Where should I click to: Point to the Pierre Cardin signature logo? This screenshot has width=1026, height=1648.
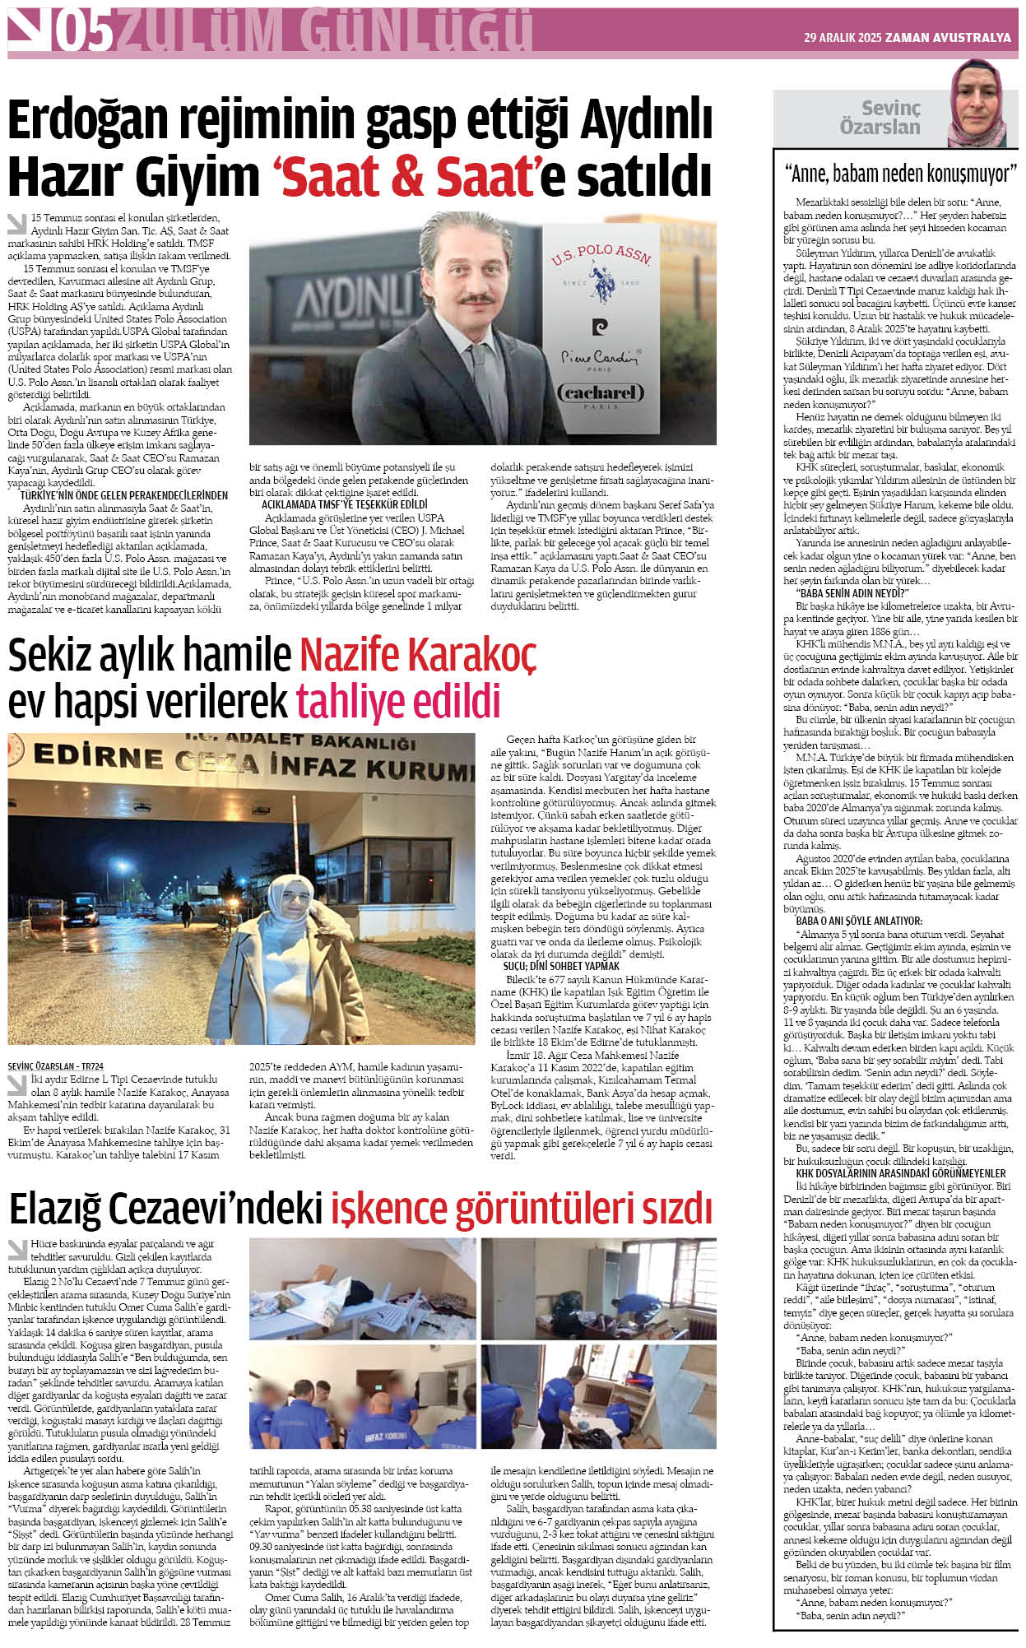click(x=600, y=356)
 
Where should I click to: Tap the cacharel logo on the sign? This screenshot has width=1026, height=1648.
click(x=601, y=393)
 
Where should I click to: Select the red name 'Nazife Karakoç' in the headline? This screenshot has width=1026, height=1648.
click(x=417, y=655)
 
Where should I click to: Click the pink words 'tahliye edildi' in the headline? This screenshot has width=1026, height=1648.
click(x=398, y=701)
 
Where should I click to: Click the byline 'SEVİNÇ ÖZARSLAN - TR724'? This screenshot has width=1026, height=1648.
click(x=55, y=1066)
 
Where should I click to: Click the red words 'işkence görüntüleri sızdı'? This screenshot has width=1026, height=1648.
click(x=521, y=1209)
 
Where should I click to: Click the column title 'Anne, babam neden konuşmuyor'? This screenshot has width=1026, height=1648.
click(x=899, y=174)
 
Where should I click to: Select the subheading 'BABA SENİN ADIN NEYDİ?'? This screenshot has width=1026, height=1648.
click(x=851, y=592)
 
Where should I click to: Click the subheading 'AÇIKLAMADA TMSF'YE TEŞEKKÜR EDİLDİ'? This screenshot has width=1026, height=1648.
click(x=345, y=504)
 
